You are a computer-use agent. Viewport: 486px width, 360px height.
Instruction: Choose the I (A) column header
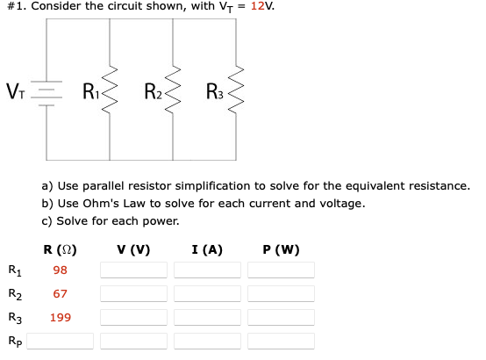click(x=207, y=249)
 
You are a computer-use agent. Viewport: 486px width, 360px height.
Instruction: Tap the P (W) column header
click(x=281, y=249)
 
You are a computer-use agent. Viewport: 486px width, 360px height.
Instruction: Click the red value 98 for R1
click(x=60, y=270)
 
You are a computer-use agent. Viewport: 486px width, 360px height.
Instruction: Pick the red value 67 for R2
click(x=60, y=294)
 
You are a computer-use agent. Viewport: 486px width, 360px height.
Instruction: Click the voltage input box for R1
click(x=133, y=270)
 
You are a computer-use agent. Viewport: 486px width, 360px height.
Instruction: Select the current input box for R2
click(x=207, y=294)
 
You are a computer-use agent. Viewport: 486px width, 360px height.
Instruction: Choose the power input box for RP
click(x=281, y=341)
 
